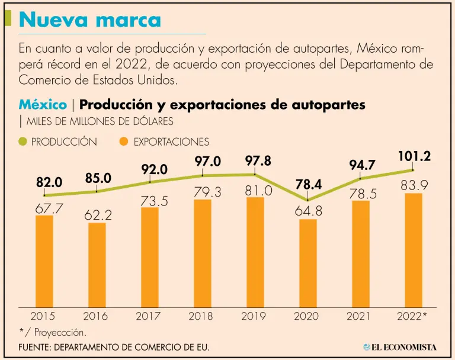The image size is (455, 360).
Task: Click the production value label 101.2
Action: click(414, 157)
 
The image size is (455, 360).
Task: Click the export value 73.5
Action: click(150, 201)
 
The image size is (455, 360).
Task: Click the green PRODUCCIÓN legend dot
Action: click(23, 142)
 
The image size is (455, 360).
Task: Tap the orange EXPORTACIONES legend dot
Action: click(123, 142)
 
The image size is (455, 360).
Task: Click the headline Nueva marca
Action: click(90, 20)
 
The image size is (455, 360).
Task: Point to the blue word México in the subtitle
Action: click(43, 105)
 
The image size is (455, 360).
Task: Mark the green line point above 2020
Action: click(308, 200)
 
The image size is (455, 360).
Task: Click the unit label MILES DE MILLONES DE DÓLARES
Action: click(98, 121)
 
